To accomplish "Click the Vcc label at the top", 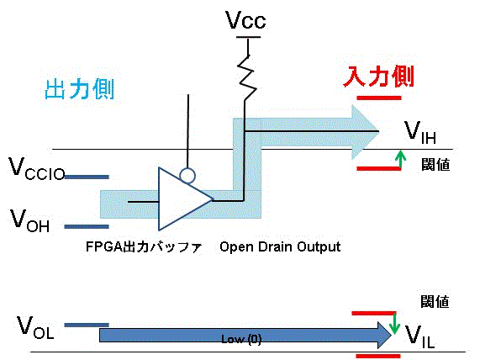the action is [245, 20].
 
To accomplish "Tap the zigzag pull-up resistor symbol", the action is [247, 78].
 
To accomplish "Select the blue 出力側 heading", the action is [80, 89].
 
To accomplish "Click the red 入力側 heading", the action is [378, 77].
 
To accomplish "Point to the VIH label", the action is [419, 132].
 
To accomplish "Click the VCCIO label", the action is [37, 168].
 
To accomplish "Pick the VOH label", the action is [29, 220].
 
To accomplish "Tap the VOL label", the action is [35, 326].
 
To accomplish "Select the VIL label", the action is [419, 336].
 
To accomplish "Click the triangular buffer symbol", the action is [185, 199].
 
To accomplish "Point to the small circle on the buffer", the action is [187, 176].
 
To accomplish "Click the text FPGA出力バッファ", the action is [144, 247].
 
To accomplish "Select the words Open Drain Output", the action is [280, 246].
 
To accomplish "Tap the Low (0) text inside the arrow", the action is [241, 339].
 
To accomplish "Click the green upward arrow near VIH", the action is [400, 159].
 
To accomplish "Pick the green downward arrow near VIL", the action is [394, 324].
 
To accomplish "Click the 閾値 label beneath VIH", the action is [435, 165].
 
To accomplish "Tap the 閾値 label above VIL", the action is [435, 301].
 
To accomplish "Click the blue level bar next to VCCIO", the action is [87, 177].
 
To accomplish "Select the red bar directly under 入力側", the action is [379, 98].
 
